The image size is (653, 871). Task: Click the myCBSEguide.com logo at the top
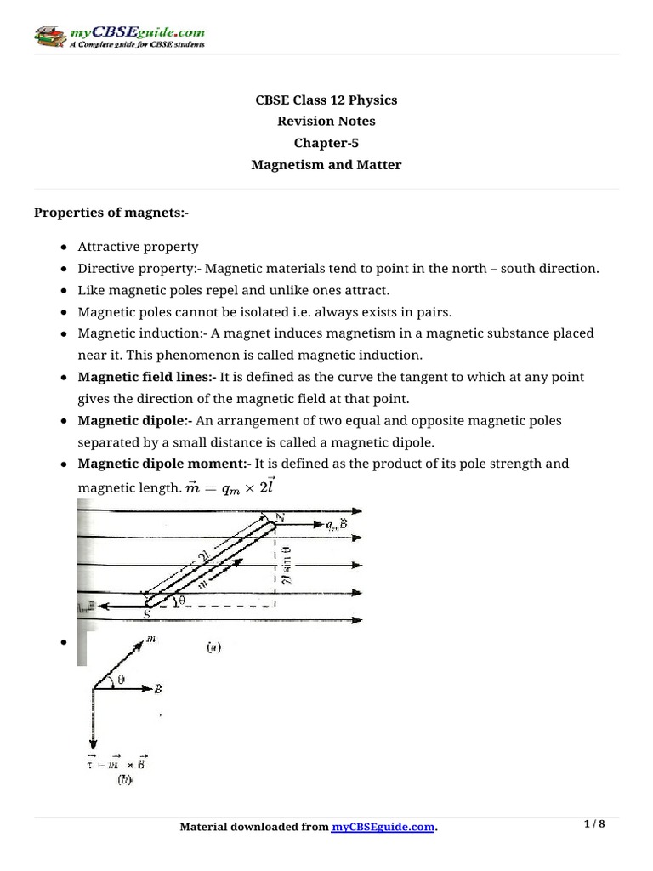click(x=119, y=37)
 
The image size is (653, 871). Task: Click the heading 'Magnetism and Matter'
click(x=326, y=165)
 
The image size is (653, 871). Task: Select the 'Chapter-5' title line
click(x=326, y=143)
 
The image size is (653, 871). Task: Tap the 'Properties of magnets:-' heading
click(x=111, y=212)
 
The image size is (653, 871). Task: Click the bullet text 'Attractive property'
click(x=138, y=247)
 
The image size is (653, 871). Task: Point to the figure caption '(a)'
click(x=213, y=646)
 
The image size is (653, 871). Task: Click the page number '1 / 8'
click(x=594, y=824)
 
